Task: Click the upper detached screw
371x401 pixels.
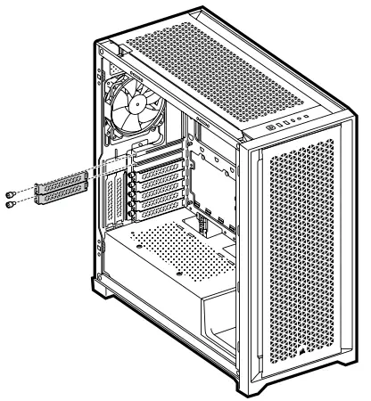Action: [x=10, y=195]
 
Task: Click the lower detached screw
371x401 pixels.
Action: [x=10, y=204]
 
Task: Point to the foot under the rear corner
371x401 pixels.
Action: [x=100, y=283]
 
